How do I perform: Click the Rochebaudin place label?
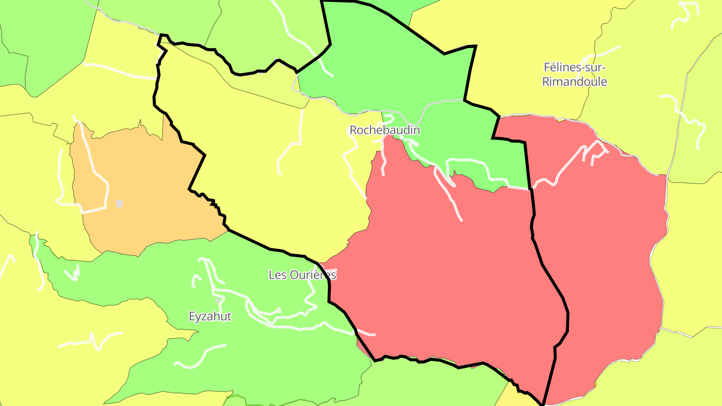(385, 130)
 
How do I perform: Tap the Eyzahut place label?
(210, 317)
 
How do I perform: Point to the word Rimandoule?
(575, 82)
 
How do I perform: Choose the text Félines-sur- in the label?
(575, 67)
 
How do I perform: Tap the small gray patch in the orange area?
(119, 204)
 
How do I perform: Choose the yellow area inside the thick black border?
(251, 160)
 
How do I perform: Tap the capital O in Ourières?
(292, 275)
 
